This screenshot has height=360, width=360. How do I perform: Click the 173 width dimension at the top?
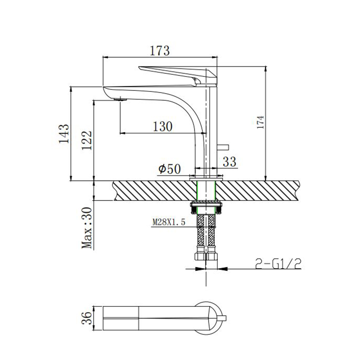coord(160,51)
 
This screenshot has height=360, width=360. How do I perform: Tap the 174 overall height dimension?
coord(261,122)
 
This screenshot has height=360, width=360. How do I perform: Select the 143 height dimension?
coord(63,134)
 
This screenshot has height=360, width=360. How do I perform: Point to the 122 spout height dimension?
coord(86,140)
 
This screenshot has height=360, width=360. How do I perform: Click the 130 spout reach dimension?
coord(162,126)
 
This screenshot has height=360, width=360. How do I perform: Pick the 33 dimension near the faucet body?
coord(229,162)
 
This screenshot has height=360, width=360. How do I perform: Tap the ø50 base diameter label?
coord(170,169)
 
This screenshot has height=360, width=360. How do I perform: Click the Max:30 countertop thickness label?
coord(87,228)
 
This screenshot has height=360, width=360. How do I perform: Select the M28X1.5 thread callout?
coord(169,222)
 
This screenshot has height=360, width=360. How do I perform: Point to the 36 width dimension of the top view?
coord(86,318)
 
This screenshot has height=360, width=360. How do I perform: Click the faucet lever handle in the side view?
coord(178,75)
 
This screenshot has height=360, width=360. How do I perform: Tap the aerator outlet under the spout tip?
coord(120,99)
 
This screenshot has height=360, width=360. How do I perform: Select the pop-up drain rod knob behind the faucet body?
coord(223,147)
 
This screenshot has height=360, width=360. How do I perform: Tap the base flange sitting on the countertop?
coord(206,178)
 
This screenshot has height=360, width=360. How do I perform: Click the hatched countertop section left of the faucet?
coord(155,190)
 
